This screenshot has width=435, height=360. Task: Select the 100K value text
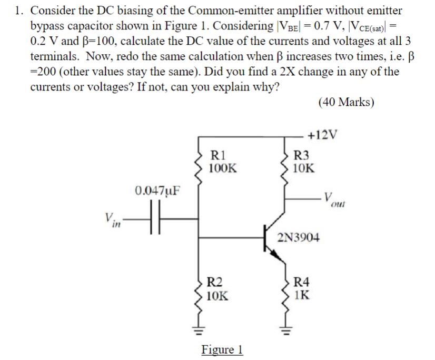click(223, 168)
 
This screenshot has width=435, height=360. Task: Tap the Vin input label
click(111, 219)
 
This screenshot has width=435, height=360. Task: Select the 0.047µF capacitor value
click(156, 190)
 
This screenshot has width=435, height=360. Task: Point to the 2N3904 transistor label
click(298, 237)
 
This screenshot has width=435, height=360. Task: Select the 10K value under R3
click(304, 168)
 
